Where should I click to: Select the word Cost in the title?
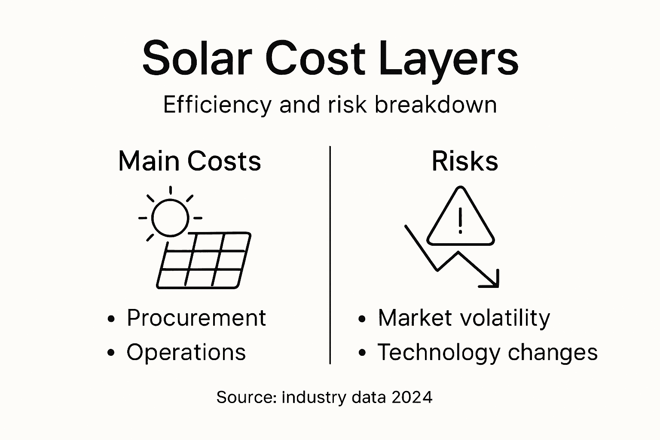tap(315, 58)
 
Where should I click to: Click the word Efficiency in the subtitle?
tap(217, 105)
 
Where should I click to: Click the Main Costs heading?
tap(189, 161)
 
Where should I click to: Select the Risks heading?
tap(464, 161)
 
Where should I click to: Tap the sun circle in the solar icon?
tap(170, 217)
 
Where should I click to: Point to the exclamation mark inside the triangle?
tap(460, 221)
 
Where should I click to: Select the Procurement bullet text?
tap(196, 318)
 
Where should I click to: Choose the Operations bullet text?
tap(186, 352)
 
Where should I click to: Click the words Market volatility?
tap(464, 318)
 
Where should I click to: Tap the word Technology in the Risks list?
tap(439, 352)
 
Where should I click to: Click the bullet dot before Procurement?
tap(111, 319)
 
